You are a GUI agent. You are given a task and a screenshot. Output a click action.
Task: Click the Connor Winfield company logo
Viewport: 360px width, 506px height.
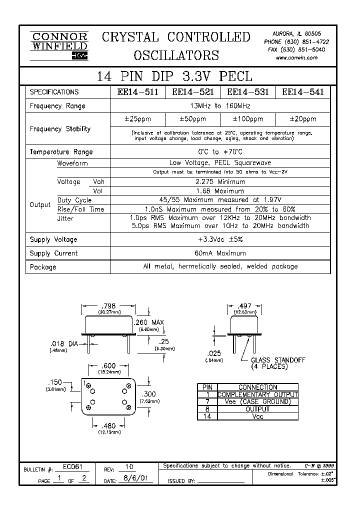tap(59, 45)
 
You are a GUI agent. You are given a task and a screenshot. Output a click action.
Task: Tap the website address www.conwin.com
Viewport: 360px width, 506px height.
tap(297, 57)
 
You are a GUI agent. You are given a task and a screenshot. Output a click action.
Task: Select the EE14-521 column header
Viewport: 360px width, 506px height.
tap(192, 92)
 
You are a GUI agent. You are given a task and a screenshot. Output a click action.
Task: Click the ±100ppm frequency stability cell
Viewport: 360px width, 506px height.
tap(247, 119)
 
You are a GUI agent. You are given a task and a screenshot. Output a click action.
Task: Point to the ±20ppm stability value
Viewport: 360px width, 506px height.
tap(303, 119)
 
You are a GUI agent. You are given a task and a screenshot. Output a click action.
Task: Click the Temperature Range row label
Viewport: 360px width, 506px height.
tap(61, 151)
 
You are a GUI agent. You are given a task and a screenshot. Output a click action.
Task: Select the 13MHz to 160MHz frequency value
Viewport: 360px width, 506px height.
tap(220, 106)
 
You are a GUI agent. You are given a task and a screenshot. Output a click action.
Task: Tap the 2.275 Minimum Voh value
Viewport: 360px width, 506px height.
tap(220, 182)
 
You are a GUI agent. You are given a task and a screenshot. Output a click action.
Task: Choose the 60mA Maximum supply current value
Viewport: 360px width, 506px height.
tap(220, 253)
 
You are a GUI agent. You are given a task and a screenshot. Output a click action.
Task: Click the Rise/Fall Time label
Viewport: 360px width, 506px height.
tap(80, 209)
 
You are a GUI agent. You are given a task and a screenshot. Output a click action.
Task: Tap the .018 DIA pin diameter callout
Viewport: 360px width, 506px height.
tap(63, 343)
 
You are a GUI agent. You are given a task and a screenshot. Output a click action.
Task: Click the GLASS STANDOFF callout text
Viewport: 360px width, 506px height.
tap(277, 360)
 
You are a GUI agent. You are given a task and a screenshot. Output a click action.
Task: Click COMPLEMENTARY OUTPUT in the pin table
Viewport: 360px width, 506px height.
tap(257, 394)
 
